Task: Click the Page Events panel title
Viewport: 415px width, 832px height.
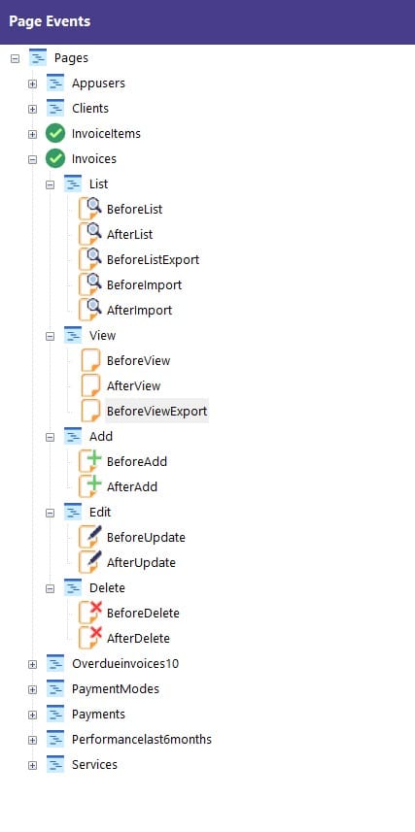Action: click(50, 21)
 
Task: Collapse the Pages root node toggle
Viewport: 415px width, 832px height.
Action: click(15, 58)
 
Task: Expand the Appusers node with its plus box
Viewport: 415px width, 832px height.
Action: click(32, 83)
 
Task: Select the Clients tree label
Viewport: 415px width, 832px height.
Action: click(90, 108)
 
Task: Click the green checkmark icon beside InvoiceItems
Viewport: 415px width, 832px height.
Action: click(55, 133)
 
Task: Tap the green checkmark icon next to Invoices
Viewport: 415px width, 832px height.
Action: click(55, 158)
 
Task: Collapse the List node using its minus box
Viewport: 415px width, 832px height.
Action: click(50, 184)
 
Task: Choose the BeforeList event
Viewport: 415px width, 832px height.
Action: click(134, 209)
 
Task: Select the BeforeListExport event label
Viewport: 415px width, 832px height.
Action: click(153, 259)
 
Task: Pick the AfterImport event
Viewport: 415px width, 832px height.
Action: click(139, 310)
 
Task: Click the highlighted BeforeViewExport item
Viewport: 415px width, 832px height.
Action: click(156, 412)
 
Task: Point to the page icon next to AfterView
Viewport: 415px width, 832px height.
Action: click(90, 385)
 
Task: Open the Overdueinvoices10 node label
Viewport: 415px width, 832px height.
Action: click(125, 663)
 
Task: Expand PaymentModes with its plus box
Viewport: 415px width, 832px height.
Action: click(32, 689)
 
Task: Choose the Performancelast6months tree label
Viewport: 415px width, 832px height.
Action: click(142, 739)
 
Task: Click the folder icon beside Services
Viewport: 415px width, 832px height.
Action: click(55, 765)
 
